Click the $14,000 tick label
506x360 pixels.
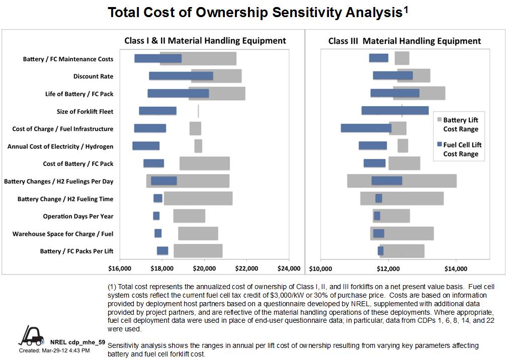(x=456, y=267)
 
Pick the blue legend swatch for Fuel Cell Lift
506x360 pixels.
(x=440, y=145)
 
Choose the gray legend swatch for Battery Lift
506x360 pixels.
(x=440, y=120)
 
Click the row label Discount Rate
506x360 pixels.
(x=93, y=76)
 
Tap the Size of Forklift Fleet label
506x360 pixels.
(x=85, y=112)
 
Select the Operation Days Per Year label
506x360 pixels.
(x=78, y=216)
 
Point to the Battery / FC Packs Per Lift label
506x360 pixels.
(x=76, y=251)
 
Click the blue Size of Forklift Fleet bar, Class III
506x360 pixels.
(x=395, y=111)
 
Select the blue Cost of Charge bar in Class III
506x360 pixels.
(x=366, y=128)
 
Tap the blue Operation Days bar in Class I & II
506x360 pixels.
(x=156, y=216)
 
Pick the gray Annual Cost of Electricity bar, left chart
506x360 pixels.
(x=198, y=146)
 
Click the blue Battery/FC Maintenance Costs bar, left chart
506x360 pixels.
(x=158, y=58)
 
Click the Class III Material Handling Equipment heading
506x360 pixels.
(x=404, y=41)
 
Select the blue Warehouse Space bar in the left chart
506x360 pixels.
(x=158, y=233)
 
